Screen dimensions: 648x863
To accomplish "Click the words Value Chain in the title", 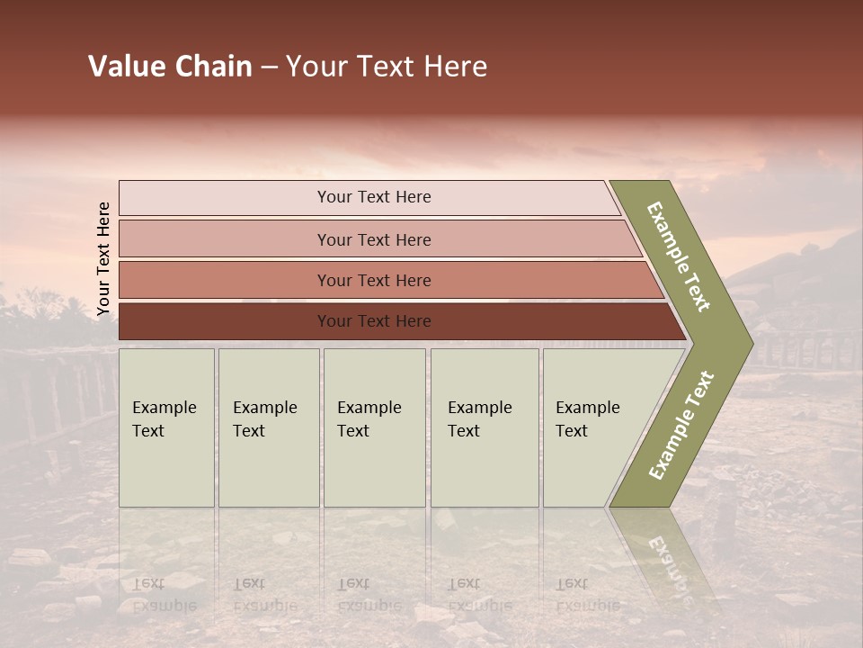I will [x=170, y=67].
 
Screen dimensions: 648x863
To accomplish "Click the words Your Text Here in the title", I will [x=387, y=67].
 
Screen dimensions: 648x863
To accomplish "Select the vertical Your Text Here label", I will [x=103, y=259].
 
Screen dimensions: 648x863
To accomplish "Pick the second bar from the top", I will [x=373, y=239].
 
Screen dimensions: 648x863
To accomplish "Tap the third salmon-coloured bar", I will [x=373, y=280].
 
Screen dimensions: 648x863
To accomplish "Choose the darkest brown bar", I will [x=373, y=321].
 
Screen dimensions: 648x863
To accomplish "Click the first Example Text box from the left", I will [x=166, y=427].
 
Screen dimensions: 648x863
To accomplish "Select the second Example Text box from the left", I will [x=268, y=427].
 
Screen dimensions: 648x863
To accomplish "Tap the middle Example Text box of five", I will [x=373, y=427].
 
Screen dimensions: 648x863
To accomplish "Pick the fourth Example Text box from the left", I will [x=484, y=427].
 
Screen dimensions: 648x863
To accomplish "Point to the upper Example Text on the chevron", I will [x=679, y=256].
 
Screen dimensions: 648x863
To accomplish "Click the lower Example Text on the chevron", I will [x=681, y=425].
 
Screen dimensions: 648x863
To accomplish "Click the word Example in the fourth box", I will [x=479, y=408].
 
